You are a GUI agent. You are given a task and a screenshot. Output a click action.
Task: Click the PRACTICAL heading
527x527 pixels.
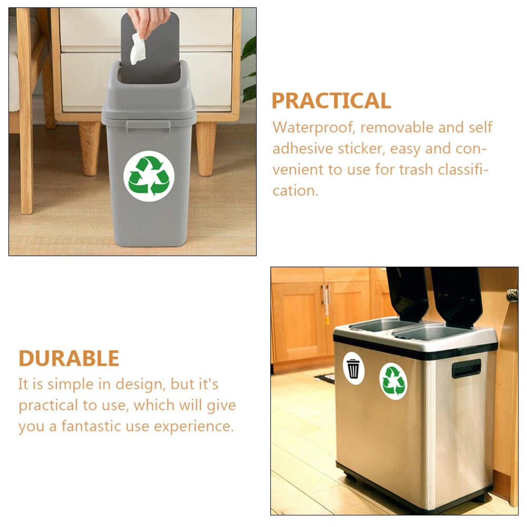click(331, 101)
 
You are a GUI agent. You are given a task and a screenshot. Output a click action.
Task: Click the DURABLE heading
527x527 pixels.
click(69, 358)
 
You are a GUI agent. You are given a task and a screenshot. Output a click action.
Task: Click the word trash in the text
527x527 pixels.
click(416, 169)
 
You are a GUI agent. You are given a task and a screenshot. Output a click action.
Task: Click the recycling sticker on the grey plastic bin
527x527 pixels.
click(149, 176)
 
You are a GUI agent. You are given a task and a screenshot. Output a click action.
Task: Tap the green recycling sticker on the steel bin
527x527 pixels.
click(393, 381)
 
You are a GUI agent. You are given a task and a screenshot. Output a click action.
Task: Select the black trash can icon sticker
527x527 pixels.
click(353, 368)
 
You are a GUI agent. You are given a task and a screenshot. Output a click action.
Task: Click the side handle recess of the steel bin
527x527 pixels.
click(466, 368)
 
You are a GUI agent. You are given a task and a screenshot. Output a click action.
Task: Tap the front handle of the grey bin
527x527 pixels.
click(148, 125)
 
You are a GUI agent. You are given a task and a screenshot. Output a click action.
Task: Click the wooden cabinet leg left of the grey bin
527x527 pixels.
click(90, 148)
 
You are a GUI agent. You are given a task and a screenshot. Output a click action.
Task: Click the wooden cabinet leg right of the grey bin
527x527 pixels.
click(206, 149)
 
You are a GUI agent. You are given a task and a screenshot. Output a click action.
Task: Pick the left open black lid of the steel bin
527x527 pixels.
click(407, 295)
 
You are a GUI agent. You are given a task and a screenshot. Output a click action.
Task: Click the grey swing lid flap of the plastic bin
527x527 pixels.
click(150, 47)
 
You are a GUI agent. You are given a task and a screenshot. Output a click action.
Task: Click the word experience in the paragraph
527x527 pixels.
click(193, 426)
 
